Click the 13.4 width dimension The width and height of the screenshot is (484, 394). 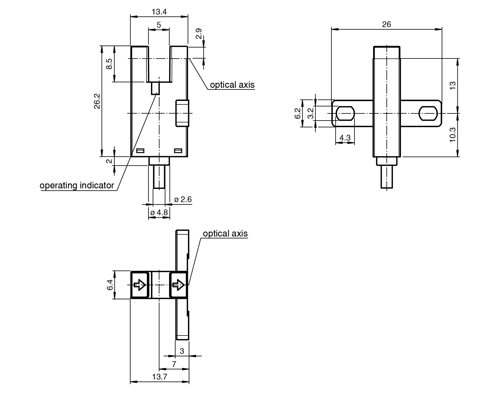pyautogui.click(x=159, y=12)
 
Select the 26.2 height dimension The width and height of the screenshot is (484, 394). pyautogui.click(x=97, y=101)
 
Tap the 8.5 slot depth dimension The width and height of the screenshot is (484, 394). pyautogui.click(x=109, y=64)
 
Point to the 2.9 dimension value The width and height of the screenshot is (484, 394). pyautogui.click(x=199, y=34)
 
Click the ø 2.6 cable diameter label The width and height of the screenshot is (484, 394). pyautogui.click(x=183, y=200)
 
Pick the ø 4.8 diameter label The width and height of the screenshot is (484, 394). pyautogui.click(x=159, y=212)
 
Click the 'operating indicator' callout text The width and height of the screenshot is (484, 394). pyautogui.click(x=77, y=185)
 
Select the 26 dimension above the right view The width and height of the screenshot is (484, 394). pyautogui.click(x=386, y=24)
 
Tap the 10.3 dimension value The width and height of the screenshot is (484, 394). pyautogui.click(x=452, y=135)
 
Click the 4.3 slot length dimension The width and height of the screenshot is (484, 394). pyautogui.click(x=345, y=138)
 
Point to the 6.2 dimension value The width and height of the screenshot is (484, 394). pyautogui.click(x=297, y=113)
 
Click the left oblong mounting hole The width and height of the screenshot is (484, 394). pyautogui.click(x=345, y=113)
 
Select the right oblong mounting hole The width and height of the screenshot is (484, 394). pyautogui.click(x=429, y=113)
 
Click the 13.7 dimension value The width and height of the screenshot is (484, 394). pyautogui.click(x=160, y=377)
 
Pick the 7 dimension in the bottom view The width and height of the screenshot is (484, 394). pyautogui.click(x=174, y=364)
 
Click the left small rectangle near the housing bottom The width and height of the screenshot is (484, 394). pyautogui.click(x=140, y=151)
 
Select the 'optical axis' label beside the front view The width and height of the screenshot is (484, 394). pyautogui.click(x=232, y=85)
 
